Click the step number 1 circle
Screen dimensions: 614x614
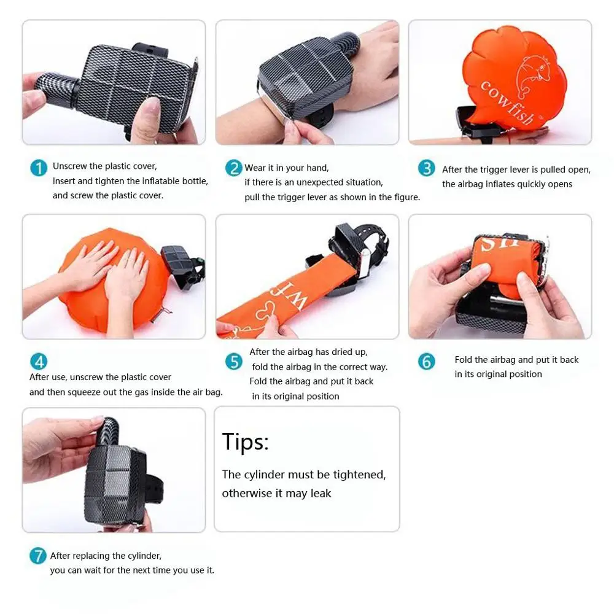[x=39, y=168]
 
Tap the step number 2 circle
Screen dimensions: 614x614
[x=233, y=168]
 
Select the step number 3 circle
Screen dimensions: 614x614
[x=427, y=168]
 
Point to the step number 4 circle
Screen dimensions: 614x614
[x=39, y=362]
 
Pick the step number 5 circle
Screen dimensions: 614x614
[x=234, y=362]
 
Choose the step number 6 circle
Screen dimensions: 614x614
[x=427, y=362]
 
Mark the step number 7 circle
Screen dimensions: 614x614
[x=38, y=556]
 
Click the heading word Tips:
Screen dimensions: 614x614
[x=246, y=442]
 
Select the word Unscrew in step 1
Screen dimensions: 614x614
[x=69, y=166]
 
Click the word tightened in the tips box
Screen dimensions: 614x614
[x=359, y=475]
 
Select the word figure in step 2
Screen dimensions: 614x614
[x=406, y=197]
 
